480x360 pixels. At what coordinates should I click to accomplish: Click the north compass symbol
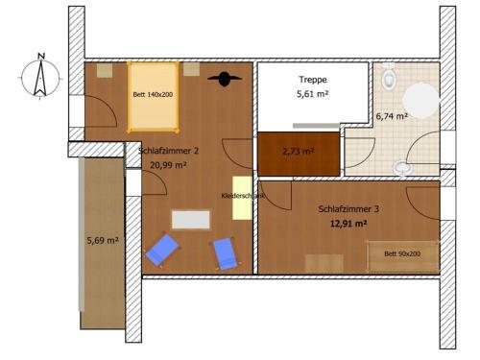tap(37, 75)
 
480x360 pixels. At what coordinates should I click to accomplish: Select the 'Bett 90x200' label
tap(401, 253)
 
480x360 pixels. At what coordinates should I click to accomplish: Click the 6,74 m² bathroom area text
tap(391, 115)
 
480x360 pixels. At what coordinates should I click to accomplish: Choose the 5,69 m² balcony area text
tap(102, 240)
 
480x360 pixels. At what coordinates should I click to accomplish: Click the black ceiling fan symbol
tap(227, 80)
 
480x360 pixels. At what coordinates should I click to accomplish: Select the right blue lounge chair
tap(226, 253)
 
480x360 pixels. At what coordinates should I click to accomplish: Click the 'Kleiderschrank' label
tap(242, 196)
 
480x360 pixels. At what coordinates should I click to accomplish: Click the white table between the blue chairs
tap(191, 220)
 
